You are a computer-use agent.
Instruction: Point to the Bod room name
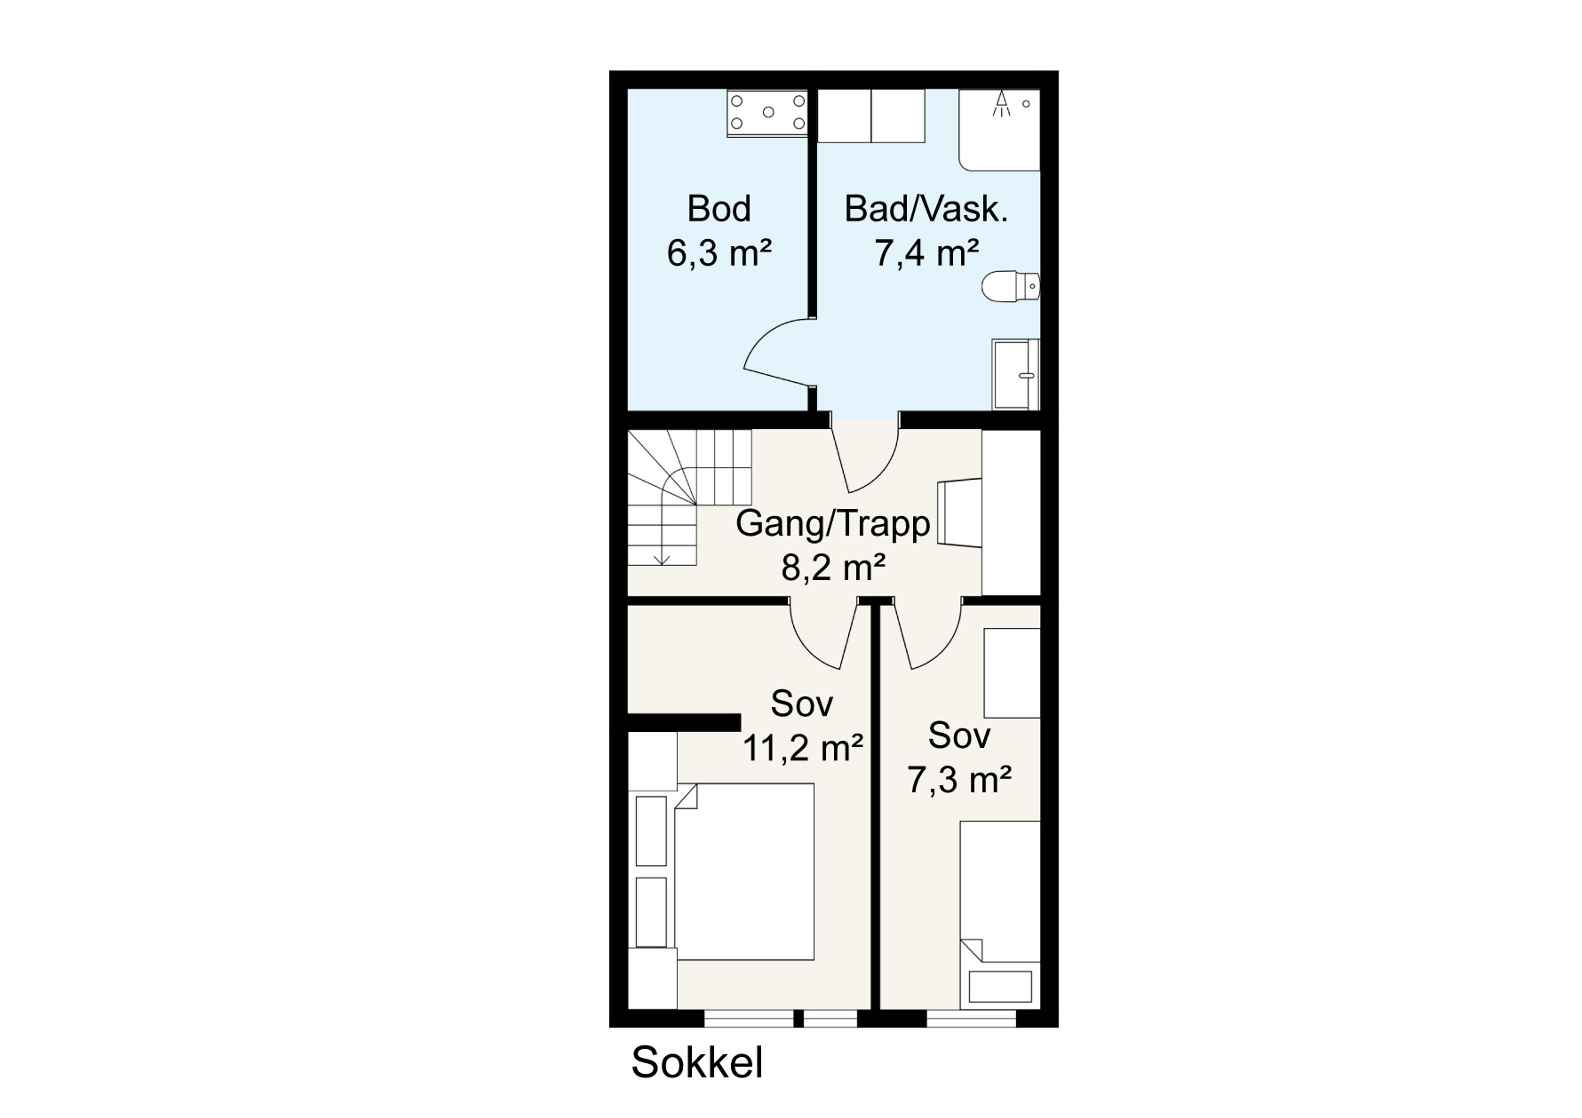(x=718, y=209)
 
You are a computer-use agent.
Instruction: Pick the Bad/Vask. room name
(x=926, y=209)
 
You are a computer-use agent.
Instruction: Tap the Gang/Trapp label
(x=833, y=524)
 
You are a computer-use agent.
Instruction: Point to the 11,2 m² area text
(x=803, y=747)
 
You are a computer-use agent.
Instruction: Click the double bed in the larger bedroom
(x=744, y=871)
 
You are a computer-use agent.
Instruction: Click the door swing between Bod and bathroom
(x=779, y=352)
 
